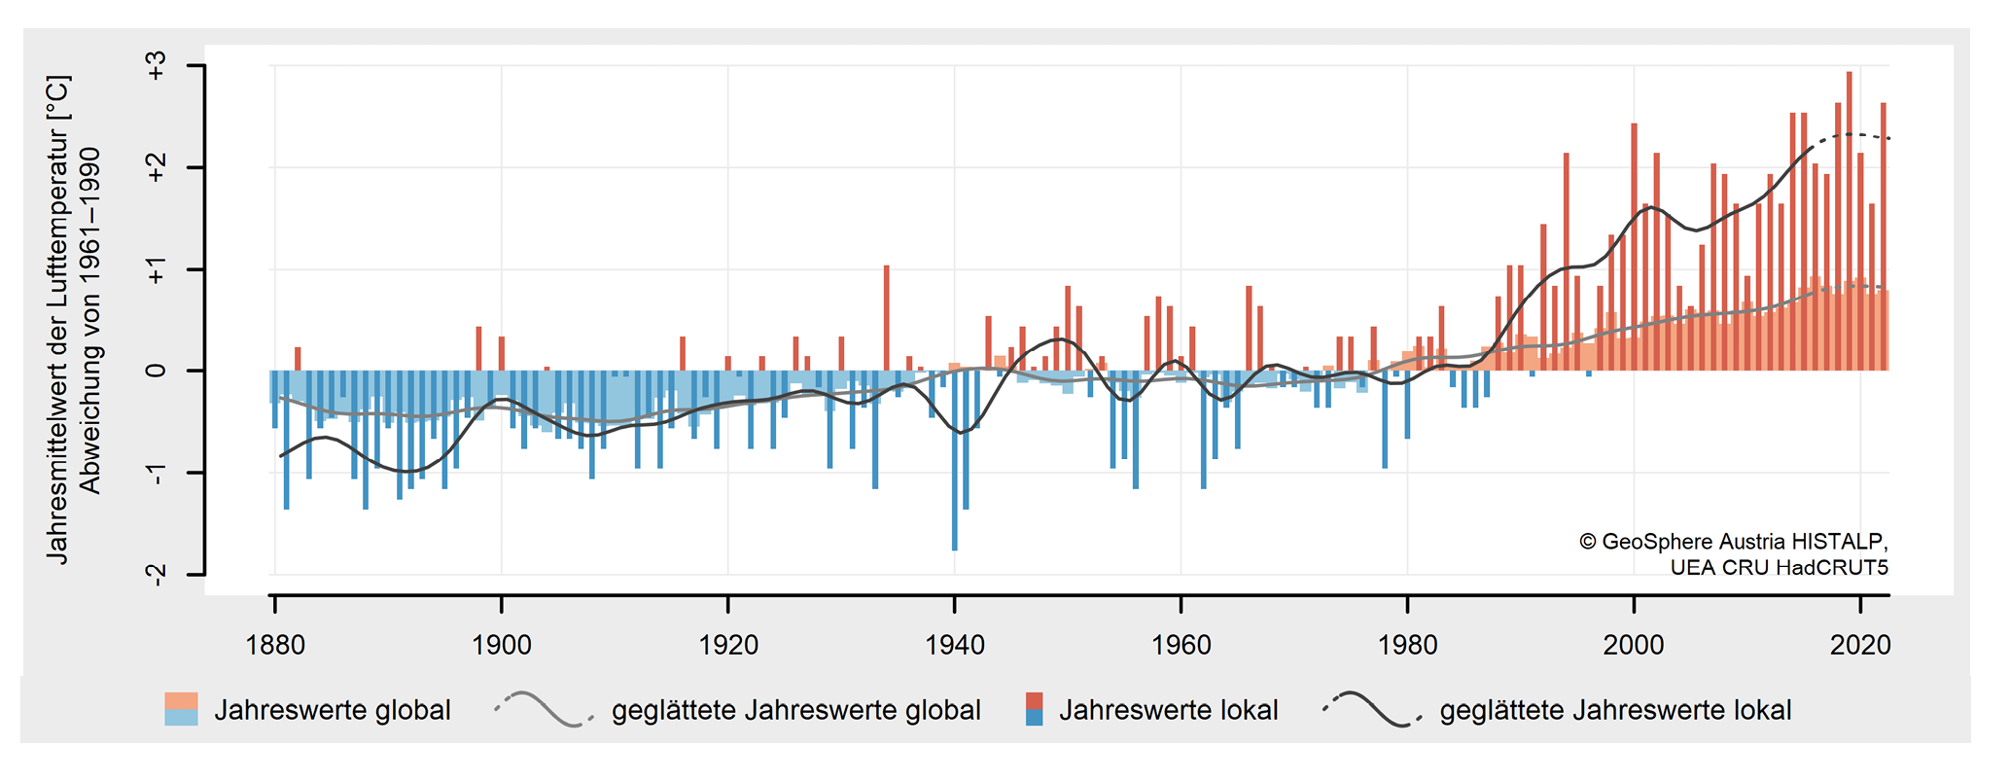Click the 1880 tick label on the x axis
click(x=275, y=645)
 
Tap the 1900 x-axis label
click(x=502, y=645)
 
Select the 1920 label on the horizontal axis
click(x=728, y=645)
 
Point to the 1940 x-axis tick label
click(x=955, y=645)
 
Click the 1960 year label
click(x=1181, y=645)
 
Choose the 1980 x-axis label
click(x=1407, y=645)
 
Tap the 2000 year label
click(x=1634, y=645)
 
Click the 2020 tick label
click(x=1860, y=645)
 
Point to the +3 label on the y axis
click(x=157, y=66)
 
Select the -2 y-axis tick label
click(x=157, y=574)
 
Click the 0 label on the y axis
click(x=157, y=371)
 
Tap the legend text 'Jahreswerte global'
click(x=333, y=710)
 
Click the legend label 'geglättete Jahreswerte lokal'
click(x=1615, y=710)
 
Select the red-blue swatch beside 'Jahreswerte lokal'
click(x=1035, y=709)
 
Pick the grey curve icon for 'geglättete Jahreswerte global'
click(x=544, y=709)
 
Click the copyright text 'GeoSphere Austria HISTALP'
click(x=1744, y=542)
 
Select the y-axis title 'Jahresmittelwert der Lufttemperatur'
click(x=59, y=321)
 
